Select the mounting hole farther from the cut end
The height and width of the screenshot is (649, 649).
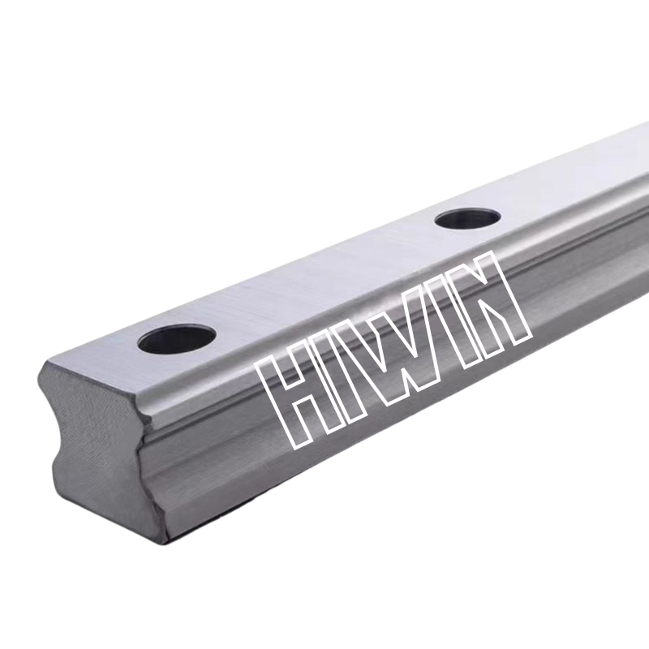point(468,217)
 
